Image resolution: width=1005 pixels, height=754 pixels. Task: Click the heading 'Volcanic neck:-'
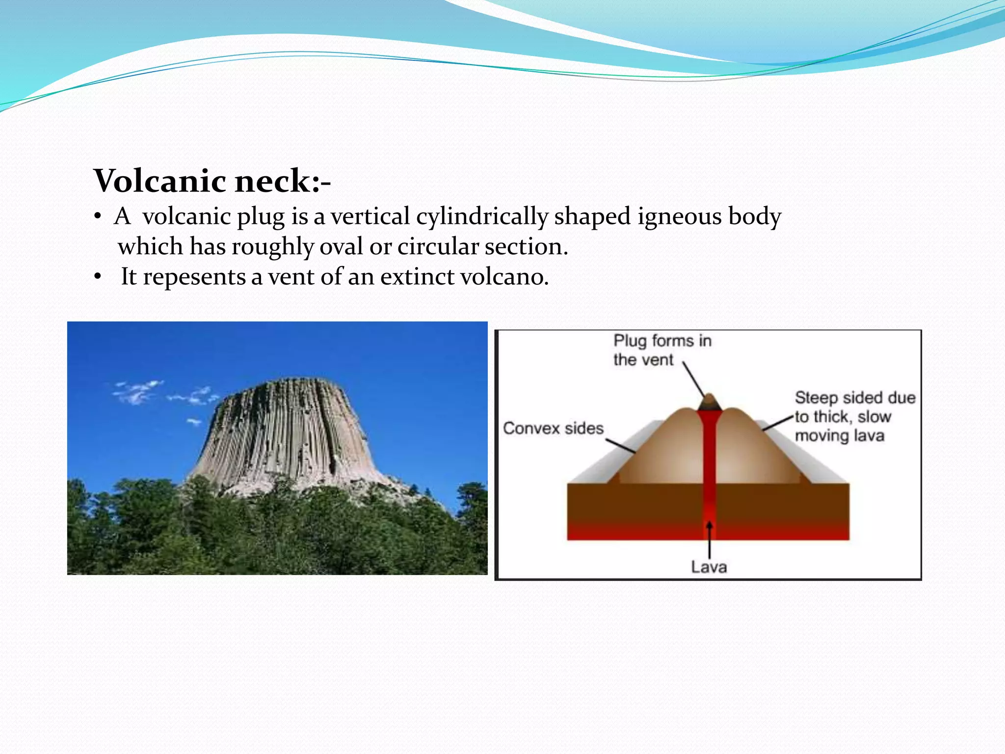click(212, 181)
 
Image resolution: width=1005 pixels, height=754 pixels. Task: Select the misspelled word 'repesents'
click(194, 276)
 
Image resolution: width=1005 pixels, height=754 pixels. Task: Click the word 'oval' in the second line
click(347, 246)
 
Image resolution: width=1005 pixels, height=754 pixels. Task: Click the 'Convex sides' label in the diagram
click(553, 428)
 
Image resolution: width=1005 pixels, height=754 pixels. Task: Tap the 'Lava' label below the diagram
click(709, 567)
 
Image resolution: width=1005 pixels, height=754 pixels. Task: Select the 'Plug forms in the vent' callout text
click(661, 350)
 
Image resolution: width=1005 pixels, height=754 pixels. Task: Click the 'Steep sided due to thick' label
click(854, 416)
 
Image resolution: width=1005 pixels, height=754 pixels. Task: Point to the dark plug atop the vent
click(709, 403)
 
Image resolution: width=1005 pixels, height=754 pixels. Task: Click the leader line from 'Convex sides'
click(620, 445)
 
